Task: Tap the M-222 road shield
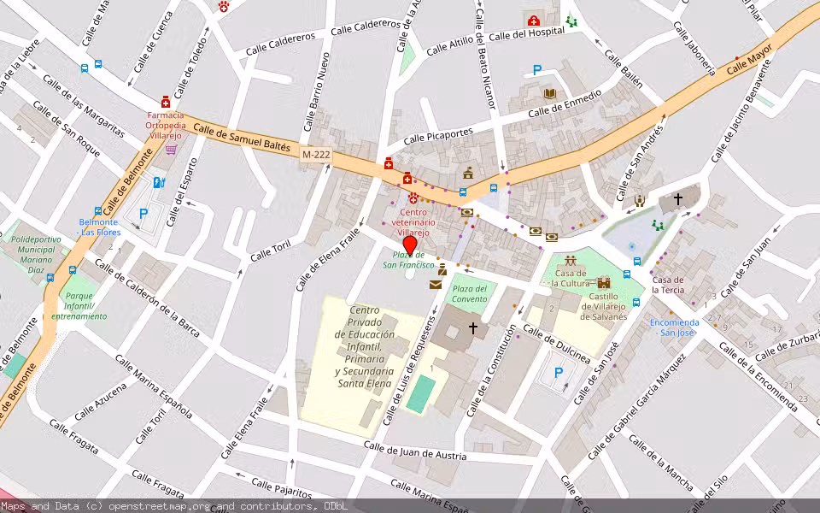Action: click(317, 154)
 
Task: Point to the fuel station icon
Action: click(158, 182)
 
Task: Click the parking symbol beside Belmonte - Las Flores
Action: click(143, 214)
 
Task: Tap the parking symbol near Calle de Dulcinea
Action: click(559, 372)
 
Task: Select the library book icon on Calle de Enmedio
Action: click(550, 93)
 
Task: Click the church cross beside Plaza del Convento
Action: click(472, 327)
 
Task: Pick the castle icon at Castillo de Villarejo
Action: click(605, 282)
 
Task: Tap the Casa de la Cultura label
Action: click(570, 278)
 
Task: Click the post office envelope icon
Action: click(436, 284)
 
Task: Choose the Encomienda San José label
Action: click(674, 327)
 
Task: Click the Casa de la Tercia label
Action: click(667, 284)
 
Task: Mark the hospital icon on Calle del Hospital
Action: click(534, 21)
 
